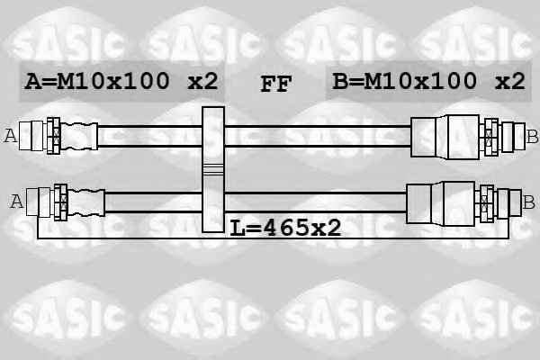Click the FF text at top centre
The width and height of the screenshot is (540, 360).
276,84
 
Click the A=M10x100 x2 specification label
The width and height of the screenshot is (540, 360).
121,81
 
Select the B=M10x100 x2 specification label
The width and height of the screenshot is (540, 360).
428,81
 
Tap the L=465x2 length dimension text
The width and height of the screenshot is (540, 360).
285,228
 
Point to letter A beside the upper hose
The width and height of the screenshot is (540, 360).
10,136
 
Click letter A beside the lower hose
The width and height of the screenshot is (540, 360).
17,202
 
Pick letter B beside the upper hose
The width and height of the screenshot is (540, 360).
532,137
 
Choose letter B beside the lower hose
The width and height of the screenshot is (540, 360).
528,202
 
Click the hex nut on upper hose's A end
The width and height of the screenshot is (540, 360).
54,136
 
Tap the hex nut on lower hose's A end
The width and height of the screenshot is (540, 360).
61,202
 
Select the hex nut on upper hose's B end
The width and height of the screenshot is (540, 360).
491,137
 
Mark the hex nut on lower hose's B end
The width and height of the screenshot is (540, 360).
487,203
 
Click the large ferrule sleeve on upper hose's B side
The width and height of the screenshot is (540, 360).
445,137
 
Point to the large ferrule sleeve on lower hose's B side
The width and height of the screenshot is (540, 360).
441,203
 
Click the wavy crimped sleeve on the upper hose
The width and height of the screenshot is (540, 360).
79,136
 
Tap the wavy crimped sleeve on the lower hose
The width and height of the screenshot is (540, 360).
86,202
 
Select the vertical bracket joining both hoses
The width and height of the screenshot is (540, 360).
213,169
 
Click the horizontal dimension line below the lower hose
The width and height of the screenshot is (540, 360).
273,238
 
